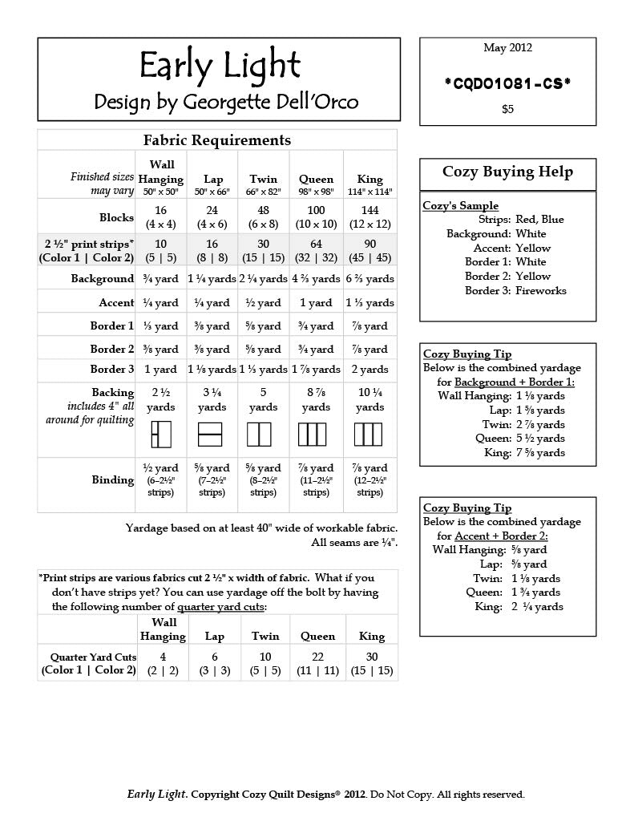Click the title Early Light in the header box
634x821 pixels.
[x=219, y=66]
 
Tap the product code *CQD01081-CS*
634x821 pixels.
[x=507, y=82]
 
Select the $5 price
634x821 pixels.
[x=507, y=109]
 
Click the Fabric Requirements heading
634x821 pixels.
[x=216, y=140]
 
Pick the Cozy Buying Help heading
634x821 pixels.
[x=507, y=172]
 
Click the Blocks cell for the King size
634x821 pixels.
[x=369, y=216]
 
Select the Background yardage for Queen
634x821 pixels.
[x=316, y=279]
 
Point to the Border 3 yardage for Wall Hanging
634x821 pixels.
[x=161, y=370]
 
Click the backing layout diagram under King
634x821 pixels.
[x=369, y=435]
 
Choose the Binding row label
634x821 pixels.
[x=112, y=479]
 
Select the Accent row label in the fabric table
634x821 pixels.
[x=116, y=303]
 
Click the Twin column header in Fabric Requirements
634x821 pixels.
[x=263, y=180]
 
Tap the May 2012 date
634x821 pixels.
[x=507, y=48]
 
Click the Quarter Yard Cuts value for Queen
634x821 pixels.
[x=317, y=663]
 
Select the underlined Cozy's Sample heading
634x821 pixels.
[x=460, y=205]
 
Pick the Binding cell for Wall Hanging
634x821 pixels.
[x=161, y=479]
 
